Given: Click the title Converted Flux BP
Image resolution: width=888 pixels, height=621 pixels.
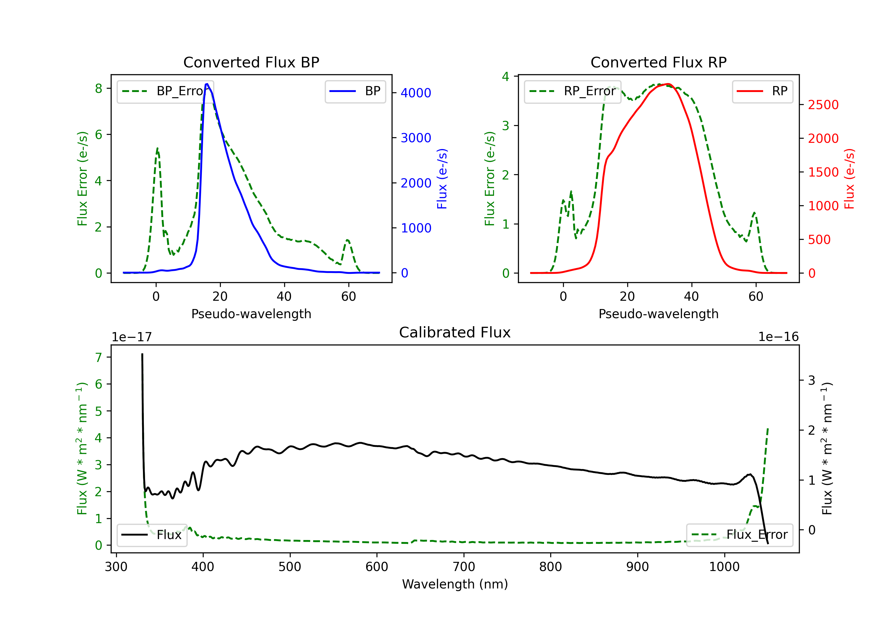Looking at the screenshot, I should [x=251, y=62].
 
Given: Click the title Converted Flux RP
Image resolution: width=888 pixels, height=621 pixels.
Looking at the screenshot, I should [x=658, y=62].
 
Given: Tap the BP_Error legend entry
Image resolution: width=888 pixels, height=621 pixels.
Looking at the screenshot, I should [x=165, y=91].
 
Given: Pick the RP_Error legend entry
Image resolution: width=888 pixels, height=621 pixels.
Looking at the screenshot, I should [x=572, y=91].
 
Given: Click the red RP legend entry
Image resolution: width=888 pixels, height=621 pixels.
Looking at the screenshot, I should [x=762, y=91].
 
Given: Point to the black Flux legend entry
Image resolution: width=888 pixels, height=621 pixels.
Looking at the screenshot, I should [x=152, y=535].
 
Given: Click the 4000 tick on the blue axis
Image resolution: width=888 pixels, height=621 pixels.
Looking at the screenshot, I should [x=416, y=93].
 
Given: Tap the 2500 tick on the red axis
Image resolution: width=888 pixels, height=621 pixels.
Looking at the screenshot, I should [x=823, y=105].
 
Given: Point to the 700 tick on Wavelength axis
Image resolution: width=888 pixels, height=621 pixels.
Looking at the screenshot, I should [x=464, y=567].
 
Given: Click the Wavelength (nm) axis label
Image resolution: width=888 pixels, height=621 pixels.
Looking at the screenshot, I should [x=455, y=584].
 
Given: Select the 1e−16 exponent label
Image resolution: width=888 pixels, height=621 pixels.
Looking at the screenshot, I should [x=778, y=337].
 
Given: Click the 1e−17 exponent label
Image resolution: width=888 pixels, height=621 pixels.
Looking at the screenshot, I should [x=131, y=337].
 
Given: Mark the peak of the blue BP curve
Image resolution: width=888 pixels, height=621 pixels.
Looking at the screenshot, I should [x=207, y=84].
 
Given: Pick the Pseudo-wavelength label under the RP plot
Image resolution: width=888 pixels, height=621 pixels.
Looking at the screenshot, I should [x=658, y=314].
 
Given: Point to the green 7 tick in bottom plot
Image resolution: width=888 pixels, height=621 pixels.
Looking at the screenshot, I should [x=99, y=358].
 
